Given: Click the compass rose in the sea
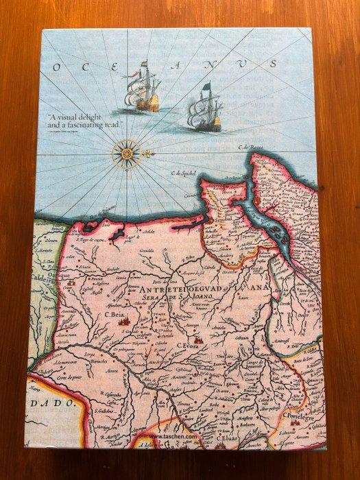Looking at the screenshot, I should click(x=126, y=154).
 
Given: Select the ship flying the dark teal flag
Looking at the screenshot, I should click(x=205, y=111).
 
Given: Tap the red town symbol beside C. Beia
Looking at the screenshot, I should click(x=124, y=321).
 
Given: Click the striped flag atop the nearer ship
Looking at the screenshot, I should click(x=144, y=65).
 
